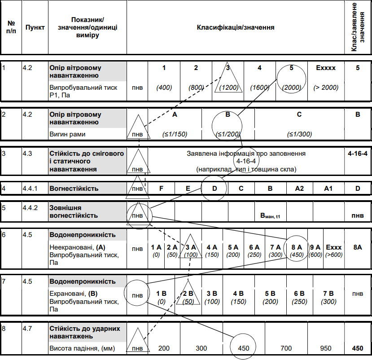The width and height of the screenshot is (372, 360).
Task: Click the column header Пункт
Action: (35, 27)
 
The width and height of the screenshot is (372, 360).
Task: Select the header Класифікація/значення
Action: (236, 27)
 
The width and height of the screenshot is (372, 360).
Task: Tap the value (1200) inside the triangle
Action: (228, 88)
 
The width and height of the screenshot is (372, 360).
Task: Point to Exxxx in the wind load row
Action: (326, 68)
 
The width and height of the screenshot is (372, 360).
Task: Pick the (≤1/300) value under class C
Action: (299, 134)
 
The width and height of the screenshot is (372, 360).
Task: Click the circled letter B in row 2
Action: (228, 114)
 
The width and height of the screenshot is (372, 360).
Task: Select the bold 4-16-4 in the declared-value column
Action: (357, 154)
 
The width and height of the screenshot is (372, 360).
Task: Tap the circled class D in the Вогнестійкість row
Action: (214, 188)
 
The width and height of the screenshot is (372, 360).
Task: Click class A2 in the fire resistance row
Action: (299, 188)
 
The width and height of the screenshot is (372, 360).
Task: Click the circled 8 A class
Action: (293, 247)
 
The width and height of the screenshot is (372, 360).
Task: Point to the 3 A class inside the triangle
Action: (191, 247)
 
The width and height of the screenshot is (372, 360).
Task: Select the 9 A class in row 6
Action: (315, 247)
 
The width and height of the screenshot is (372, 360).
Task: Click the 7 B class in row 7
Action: (328, 294)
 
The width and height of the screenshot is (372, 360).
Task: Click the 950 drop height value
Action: (326, 348)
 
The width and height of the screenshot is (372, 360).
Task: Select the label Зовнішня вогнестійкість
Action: (74, 211)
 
